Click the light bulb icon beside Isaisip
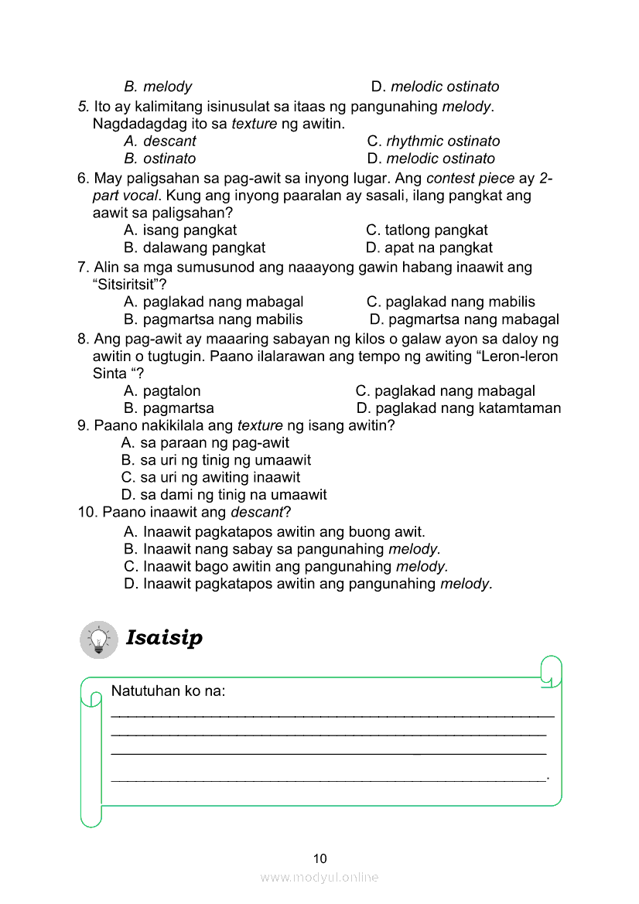(99, 640)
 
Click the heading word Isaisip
(164, 638)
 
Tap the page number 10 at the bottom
(320, 858)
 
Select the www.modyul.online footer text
(319, 877)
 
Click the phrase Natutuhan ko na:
(169, 691)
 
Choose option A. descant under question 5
(160, 141)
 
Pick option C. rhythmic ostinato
(433, 141)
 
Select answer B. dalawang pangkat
(194, 247)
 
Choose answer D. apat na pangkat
(429, 247)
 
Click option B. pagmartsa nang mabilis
(213, 319)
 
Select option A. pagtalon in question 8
(162, 391)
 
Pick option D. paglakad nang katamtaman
(459, 408)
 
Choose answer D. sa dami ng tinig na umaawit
(224, 494)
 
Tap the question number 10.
(87, 512)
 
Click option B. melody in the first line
(158, 87)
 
